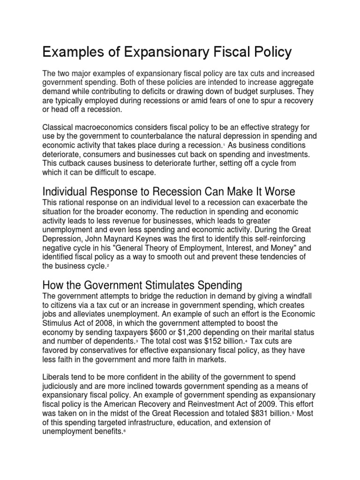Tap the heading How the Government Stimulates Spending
pyautogui.click(x=142, y=285)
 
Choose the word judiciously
pyautogui.click(x=65, y=387)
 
